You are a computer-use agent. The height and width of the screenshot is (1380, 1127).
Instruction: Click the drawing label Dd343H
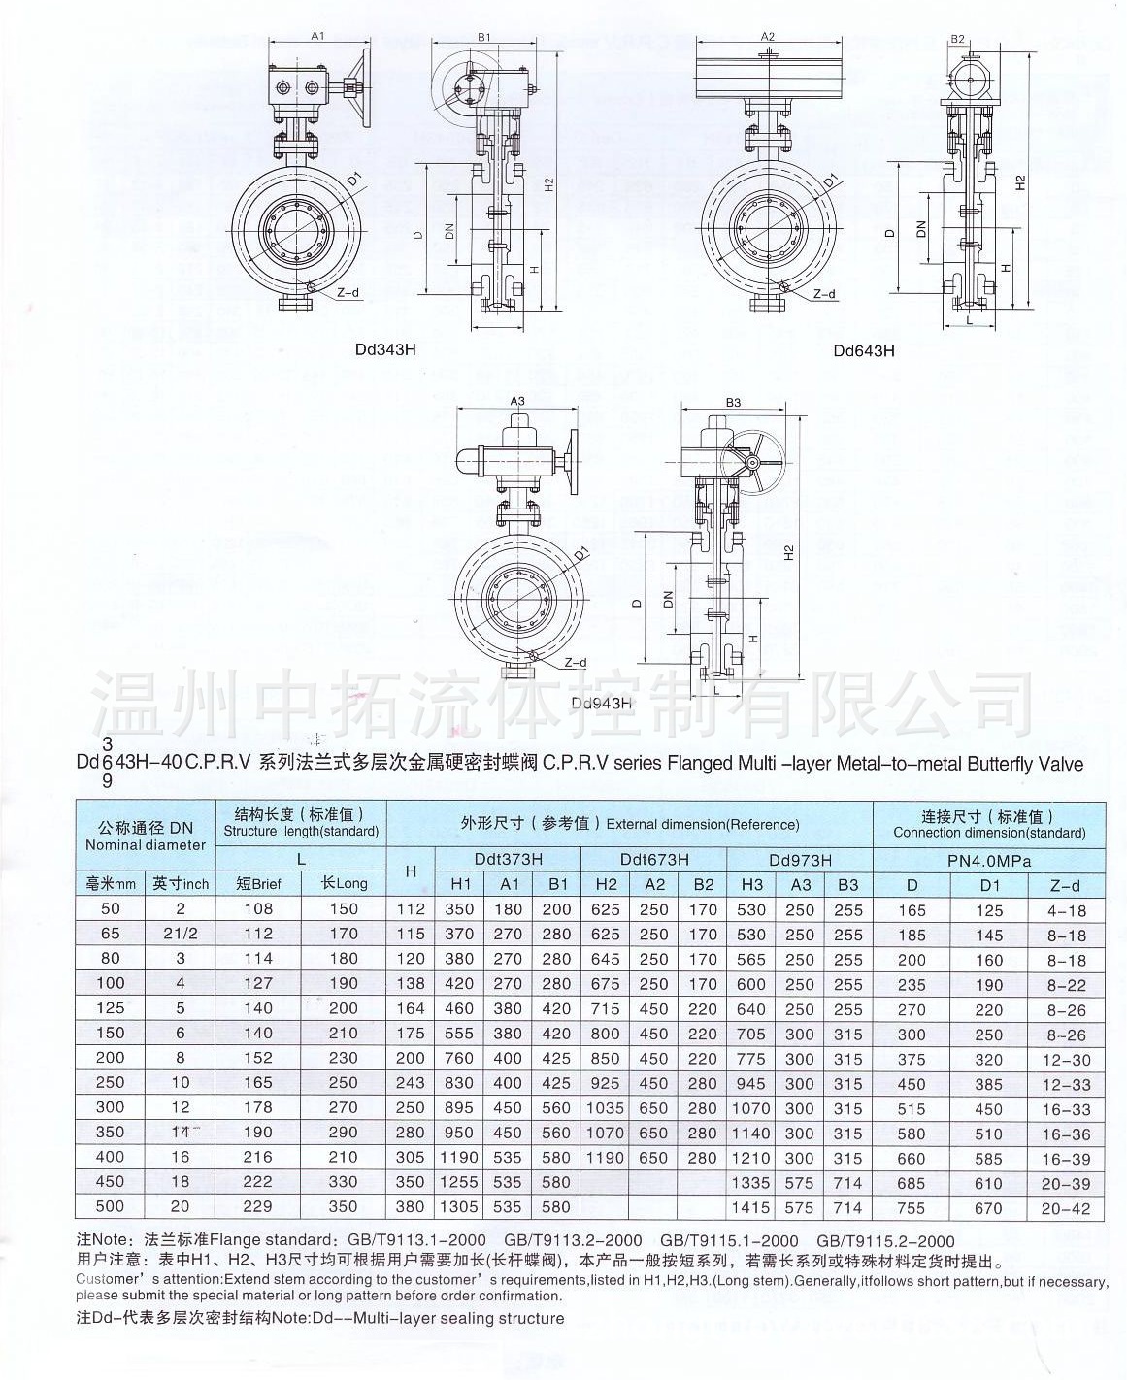click(386, 349)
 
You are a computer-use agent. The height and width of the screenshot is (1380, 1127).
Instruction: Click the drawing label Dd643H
click(864, 350)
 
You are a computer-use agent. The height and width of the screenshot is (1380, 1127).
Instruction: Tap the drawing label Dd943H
click(601, 703)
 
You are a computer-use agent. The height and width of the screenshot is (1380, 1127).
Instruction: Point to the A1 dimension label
click(317, 35)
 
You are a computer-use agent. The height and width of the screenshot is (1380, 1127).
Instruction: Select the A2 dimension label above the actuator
click(768, 37)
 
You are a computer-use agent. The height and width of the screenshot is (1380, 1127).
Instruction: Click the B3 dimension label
click(733, 402)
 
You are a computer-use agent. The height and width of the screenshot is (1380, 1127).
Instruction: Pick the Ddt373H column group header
click(508, 859)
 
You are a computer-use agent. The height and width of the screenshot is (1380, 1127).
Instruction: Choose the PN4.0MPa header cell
click(988, 861)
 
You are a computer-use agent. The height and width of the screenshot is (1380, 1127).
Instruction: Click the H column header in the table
click(411, 871)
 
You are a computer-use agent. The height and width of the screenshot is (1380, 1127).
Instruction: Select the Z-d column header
click(1065, 885)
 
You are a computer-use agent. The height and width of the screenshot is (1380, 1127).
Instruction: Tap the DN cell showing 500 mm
click(110, 1206)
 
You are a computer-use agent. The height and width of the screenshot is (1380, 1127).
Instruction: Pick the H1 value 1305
click(458, 1207)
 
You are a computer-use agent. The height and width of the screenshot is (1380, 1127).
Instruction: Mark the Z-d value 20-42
click(1065, 1209)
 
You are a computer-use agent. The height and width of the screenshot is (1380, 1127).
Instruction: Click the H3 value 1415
click(751, 1208)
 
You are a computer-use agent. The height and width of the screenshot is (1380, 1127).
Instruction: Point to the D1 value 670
click(988, 1208)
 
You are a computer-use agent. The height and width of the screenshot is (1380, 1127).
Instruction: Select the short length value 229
click(258, 1206)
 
